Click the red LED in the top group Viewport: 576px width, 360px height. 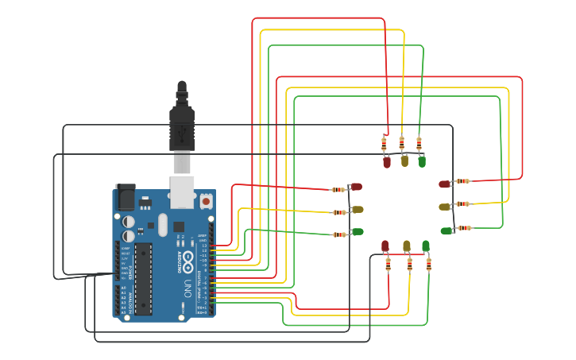coord(387,162)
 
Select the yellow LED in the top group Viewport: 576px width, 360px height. coord(404,161)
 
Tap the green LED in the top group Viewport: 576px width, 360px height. coord(422,161)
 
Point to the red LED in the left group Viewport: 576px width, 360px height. coord(357,187)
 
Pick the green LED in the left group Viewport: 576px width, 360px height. coord(358,231)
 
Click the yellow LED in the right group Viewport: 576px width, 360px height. coord(445,207)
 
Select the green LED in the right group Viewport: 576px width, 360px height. coord(446,231)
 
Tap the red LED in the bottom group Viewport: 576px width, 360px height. coord(385,246)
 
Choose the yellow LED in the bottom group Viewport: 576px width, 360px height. coord(407,246)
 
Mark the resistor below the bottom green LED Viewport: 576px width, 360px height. coord(429,264)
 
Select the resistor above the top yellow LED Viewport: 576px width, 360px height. coord(402,143)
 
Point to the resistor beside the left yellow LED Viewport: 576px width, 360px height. coord(339,212)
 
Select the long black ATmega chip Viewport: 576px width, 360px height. coord(143,277)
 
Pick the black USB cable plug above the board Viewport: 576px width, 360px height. coord(182,127)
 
